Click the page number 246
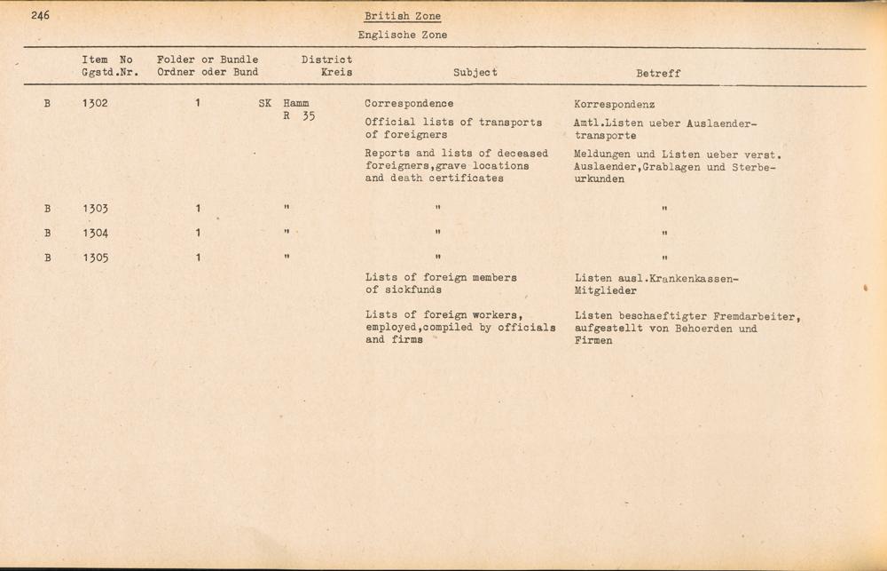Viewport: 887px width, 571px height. point(39,15)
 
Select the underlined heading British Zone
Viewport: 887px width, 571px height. point(402,17)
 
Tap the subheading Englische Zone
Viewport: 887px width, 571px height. point(402,36)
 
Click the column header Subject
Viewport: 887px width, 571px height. point(475,73)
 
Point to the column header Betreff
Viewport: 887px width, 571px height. point(658,74)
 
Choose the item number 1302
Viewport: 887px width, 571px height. point(95,103)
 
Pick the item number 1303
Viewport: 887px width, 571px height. point(95,210)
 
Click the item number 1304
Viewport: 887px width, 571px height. point(95,234)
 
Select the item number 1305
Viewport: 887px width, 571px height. point(95,258)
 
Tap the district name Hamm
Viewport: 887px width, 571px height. point(296,103)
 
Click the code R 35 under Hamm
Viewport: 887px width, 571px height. point(298,116)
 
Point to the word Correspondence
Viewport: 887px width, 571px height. point(409,103)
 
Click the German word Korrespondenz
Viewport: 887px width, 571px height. point(614,104)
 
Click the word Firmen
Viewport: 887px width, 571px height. point(593,341)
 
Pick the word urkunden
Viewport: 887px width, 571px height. point(599,178)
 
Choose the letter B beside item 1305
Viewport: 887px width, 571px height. point(47,258)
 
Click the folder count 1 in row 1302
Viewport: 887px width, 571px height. point(198,103)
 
